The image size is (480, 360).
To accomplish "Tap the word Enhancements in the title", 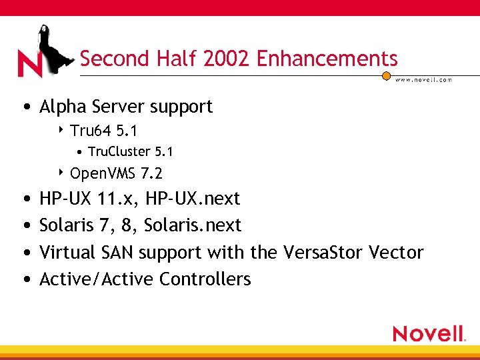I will coord(327,59).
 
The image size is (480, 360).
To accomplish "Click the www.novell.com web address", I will coord(423,79).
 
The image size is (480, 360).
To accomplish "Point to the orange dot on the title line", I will coord(386,75).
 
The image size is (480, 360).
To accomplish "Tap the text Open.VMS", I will coord(102,174).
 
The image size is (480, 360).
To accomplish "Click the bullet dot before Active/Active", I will coord(25,279).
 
